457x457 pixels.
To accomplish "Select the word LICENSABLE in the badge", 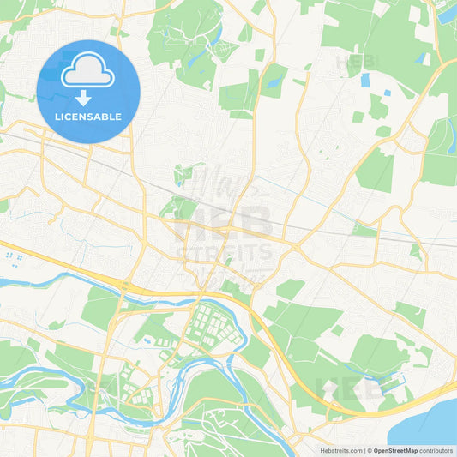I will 88,117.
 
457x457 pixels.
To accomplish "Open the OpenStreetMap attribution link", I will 394,450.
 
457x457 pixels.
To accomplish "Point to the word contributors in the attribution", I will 437,450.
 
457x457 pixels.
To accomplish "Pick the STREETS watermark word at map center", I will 225,253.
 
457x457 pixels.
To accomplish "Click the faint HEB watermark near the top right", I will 357,62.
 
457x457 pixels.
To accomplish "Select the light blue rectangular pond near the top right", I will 365,81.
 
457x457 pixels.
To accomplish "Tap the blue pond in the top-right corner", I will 447,15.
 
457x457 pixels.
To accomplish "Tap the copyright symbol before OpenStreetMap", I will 368,450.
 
